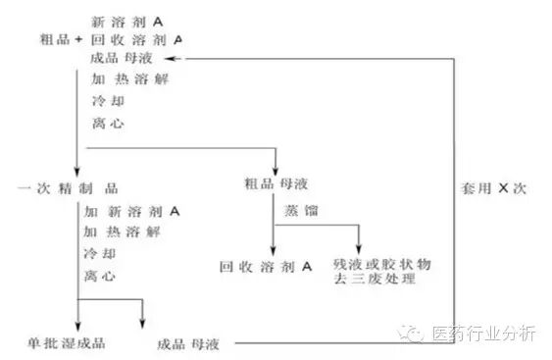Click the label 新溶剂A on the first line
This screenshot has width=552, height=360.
coord(127,23)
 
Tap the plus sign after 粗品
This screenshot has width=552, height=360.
coord(78,39)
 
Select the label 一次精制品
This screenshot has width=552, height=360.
coord(68,188)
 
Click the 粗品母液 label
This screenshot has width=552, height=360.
coord(276,183)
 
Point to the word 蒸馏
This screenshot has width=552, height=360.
coord(301,211)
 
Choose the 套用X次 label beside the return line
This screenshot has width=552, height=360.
coord(494,188)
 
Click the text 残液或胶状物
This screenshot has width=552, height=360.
coord(382,264)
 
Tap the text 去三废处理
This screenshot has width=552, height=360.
coord(375,279)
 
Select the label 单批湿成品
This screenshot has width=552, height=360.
coord(67,343)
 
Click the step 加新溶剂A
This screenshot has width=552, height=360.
coord(132,211)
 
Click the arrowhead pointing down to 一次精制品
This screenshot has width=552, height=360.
coord(77,172)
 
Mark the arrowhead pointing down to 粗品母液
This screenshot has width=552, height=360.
coord(276,170)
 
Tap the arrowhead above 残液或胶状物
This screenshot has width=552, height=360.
coord(359,249)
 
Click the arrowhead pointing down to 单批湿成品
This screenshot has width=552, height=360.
coord(78,326)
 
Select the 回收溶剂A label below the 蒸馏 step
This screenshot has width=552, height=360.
coord(266,267)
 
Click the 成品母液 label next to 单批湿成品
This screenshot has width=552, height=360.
coord(188,344)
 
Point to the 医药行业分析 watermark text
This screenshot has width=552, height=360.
coord(484,334)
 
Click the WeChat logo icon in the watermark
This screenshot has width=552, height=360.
coord(411,333)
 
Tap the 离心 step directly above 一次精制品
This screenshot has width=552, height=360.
coord(108,124)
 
